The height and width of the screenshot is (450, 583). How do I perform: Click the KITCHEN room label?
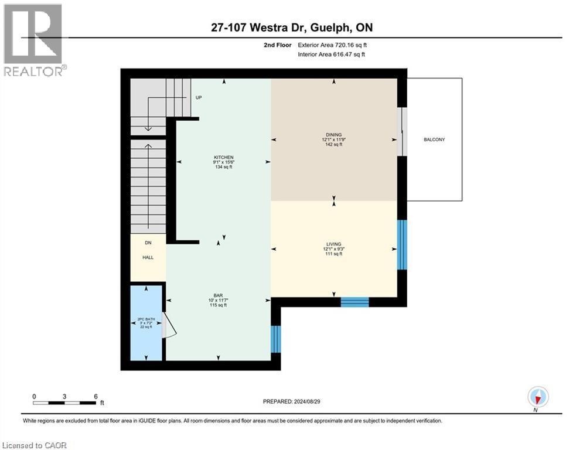[x=223, y=158]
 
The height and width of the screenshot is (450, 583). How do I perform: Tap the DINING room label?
[x=334, y=134]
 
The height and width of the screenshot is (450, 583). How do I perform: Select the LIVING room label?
[x=334, y=244]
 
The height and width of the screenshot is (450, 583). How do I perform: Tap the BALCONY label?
[x=434, y=139]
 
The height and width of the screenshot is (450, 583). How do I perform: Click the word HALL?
[x=148, y=257]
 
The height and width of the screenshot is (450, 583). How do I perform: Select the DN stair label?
[x=148, y=242]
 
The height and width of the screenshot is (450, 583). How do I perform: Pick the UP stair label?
[x=199, y=98]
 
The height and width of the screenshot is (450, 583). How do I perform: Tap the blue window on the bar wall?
[x=276, y=339]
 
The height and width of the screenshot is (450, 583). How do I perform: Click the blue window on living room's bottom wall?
[x=354, y=302]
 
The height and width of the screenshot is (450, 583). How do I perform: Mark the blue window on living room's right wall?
[x=402, y=244]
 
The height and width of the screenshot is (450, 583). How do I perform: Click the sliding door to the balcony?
[x=401, y=132]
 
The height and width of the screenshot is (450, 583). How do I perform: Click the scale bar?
[x=64, y=403]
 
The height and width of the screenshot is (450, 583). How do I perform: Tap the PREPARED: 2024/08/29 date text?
[x=291, y=401]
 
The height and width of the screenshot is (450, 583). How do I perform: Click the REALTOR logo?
[x=33, y=40]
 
